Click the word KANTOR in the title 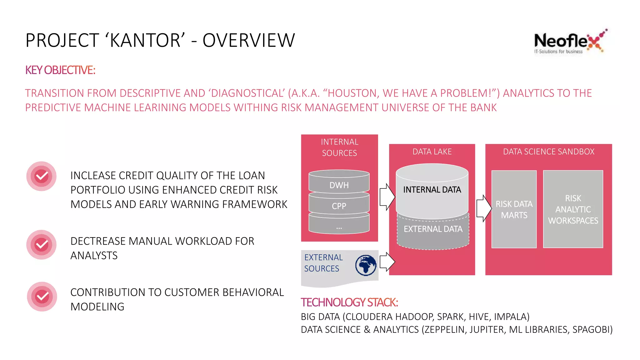tap(145, 41)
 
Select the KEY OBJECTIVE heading tap(60, 70)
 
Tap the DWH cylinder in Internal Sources tap(339, 185)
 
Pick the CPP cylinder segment tap(339, 206)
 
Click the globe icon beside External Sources tap(366, 265)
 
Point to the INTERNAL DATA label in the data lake tap(432, 190)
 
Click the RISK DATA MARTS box tap(514, 209)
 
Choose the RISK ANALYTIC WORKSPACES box tap(573, 209)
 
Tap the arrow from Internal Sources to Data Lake tap(387, 197)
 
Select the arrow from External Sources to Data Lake tap(387, 262)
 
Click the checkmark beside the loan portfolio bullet tap(42, 176)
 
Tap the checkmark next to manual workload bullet tap(42, 245)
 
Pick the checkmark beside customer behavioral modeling tap(42, 297)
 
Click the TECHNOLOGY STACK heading tap(349, 302)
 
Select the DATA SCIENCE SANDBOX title tap(548, 152)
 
